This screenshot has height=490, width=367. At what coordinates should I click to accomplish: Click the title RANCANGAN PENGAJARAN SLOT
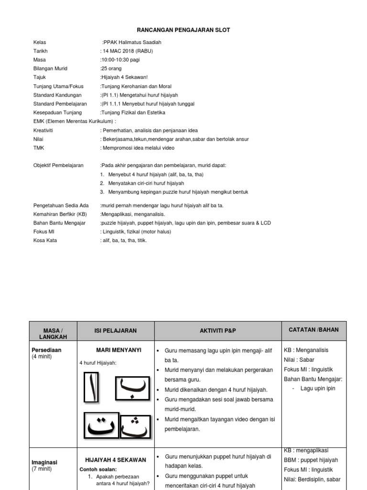tap(183, 30)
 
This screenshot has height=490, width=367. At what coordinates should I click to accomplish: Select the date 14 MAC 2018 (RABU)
tap(128, 51)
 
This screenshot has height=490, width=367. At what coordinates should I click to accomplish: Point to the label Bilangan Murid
tap(50, 68)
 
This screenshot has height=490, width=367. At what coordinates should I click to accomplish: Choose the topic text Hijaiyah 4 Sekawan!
tap(124, 77)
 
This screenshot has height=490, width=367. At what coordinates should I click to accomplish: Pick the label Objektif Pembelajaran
tap(58, 165)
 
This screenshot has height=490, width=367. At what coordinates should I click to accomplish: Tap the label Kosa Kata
tap(45, 240)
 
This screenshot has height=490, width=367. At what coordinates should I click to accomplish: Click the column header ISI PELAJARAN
tap(116, 331)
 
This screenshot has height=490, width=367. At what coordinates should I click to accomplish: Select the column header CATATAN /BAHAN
tap(314, 330)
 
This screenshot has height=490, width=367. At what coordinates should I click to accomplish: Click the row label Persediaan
tap(46, 350)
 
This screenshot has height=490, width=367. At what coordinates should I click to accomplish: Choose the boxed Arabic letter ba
tap(132, 388)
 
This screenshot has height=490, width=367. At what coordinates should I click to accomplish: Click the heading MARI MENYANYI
tap(119, 350)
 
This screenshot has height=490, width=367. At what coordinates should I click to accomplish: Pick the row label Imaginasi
tap(44, 463)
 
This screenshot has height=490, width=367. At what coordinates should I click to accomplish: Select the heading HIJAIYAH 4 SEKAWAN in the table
tap(116, 460)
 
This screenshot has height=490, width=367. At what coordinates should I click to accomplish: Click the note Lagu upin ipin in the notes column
tap(318, 389)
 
